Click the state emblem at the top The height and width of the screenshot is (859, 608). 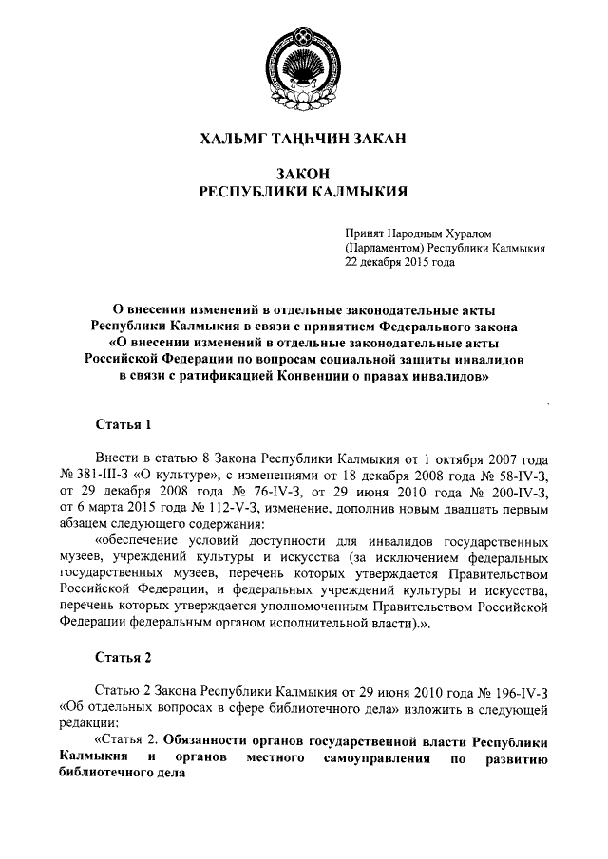coord(303,65)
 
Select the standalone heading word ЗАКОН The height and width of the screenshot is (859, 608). coord(304,175)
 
